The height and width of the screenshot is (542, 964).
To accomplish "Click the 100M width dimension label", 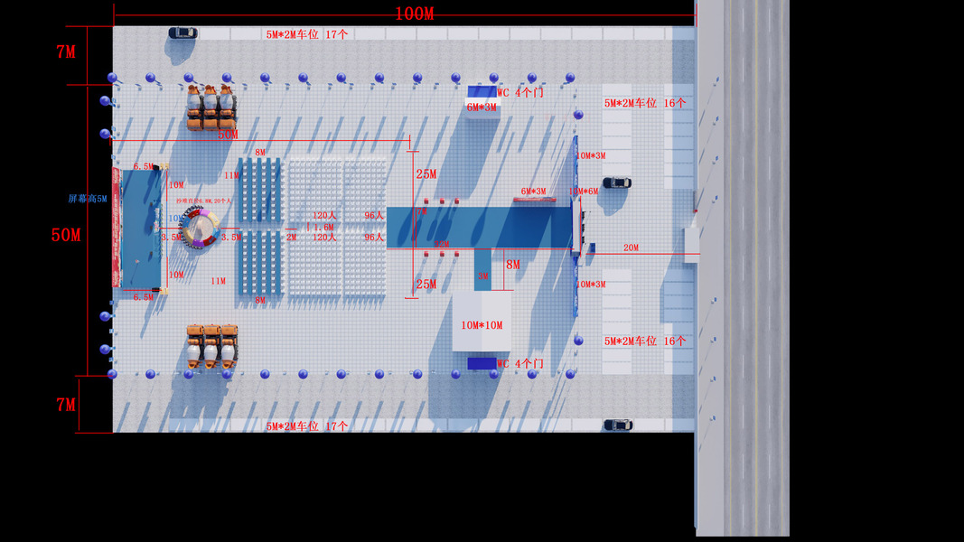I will pos(415,14).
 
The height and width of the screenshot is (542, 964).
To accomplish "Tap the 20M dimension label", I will pos(631,248).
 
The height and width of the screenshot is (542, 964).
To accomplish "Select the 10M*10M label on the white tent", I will pos(482,325).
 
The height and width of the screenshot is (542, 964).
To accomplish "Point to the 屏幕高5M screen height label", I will pos(88,199).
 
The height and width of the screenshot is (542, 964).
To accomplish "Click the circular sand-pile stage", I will pos(199,228).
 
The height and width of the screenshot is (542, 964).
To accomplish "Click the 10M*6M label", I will pos(584,192).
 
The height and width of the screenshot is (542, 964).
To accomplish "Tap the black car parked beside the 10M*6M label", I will pos(617,182).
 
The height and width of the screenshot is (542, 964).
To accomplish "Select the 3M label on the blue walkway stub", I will pos(483,276).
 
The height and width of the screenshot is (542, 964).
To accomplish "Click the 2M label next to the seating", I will pos(291,238).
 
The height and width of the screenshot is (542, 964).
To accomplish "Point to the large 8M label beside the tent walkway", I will pos(512,265).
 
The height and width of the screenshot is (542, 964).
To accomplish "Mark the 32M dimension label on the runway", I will pos(442,244).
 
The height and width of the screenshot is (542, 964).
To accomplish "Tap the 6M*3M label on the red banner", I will pos(533,192).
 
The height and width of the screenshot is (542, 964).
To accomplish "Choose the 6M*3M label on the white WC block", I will pos(482,107).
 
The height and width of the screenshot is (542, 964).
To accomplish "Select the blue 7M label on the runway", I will pos(420,210).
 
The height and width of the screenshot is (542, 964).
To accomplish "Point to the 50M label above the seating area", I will pos(228,135).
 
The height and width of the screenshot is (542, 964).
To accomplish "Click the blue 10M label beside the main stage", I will pos(175,219).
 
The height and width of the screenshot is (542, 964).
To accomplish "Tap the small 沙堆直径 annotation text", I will pos(204,201).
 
